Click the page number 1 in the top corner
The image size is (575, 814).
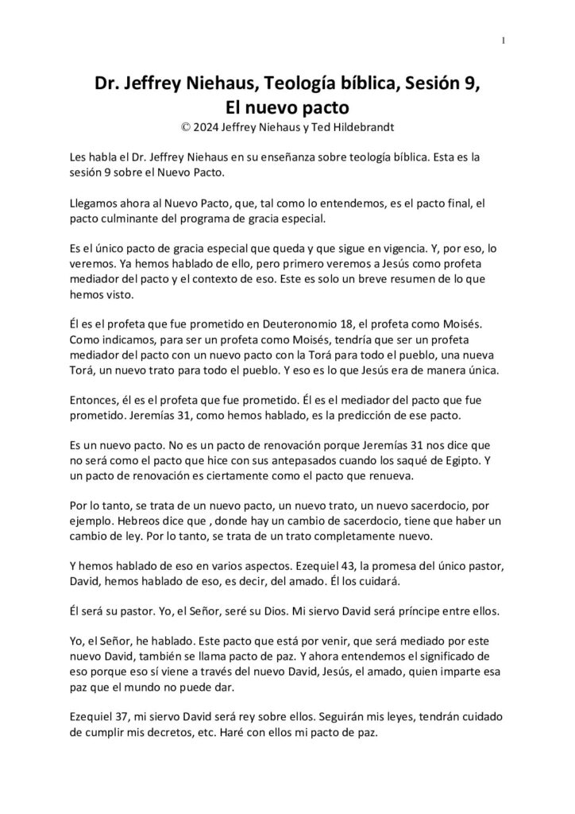504,41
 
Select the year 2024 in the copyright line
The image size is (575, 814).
210,124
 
